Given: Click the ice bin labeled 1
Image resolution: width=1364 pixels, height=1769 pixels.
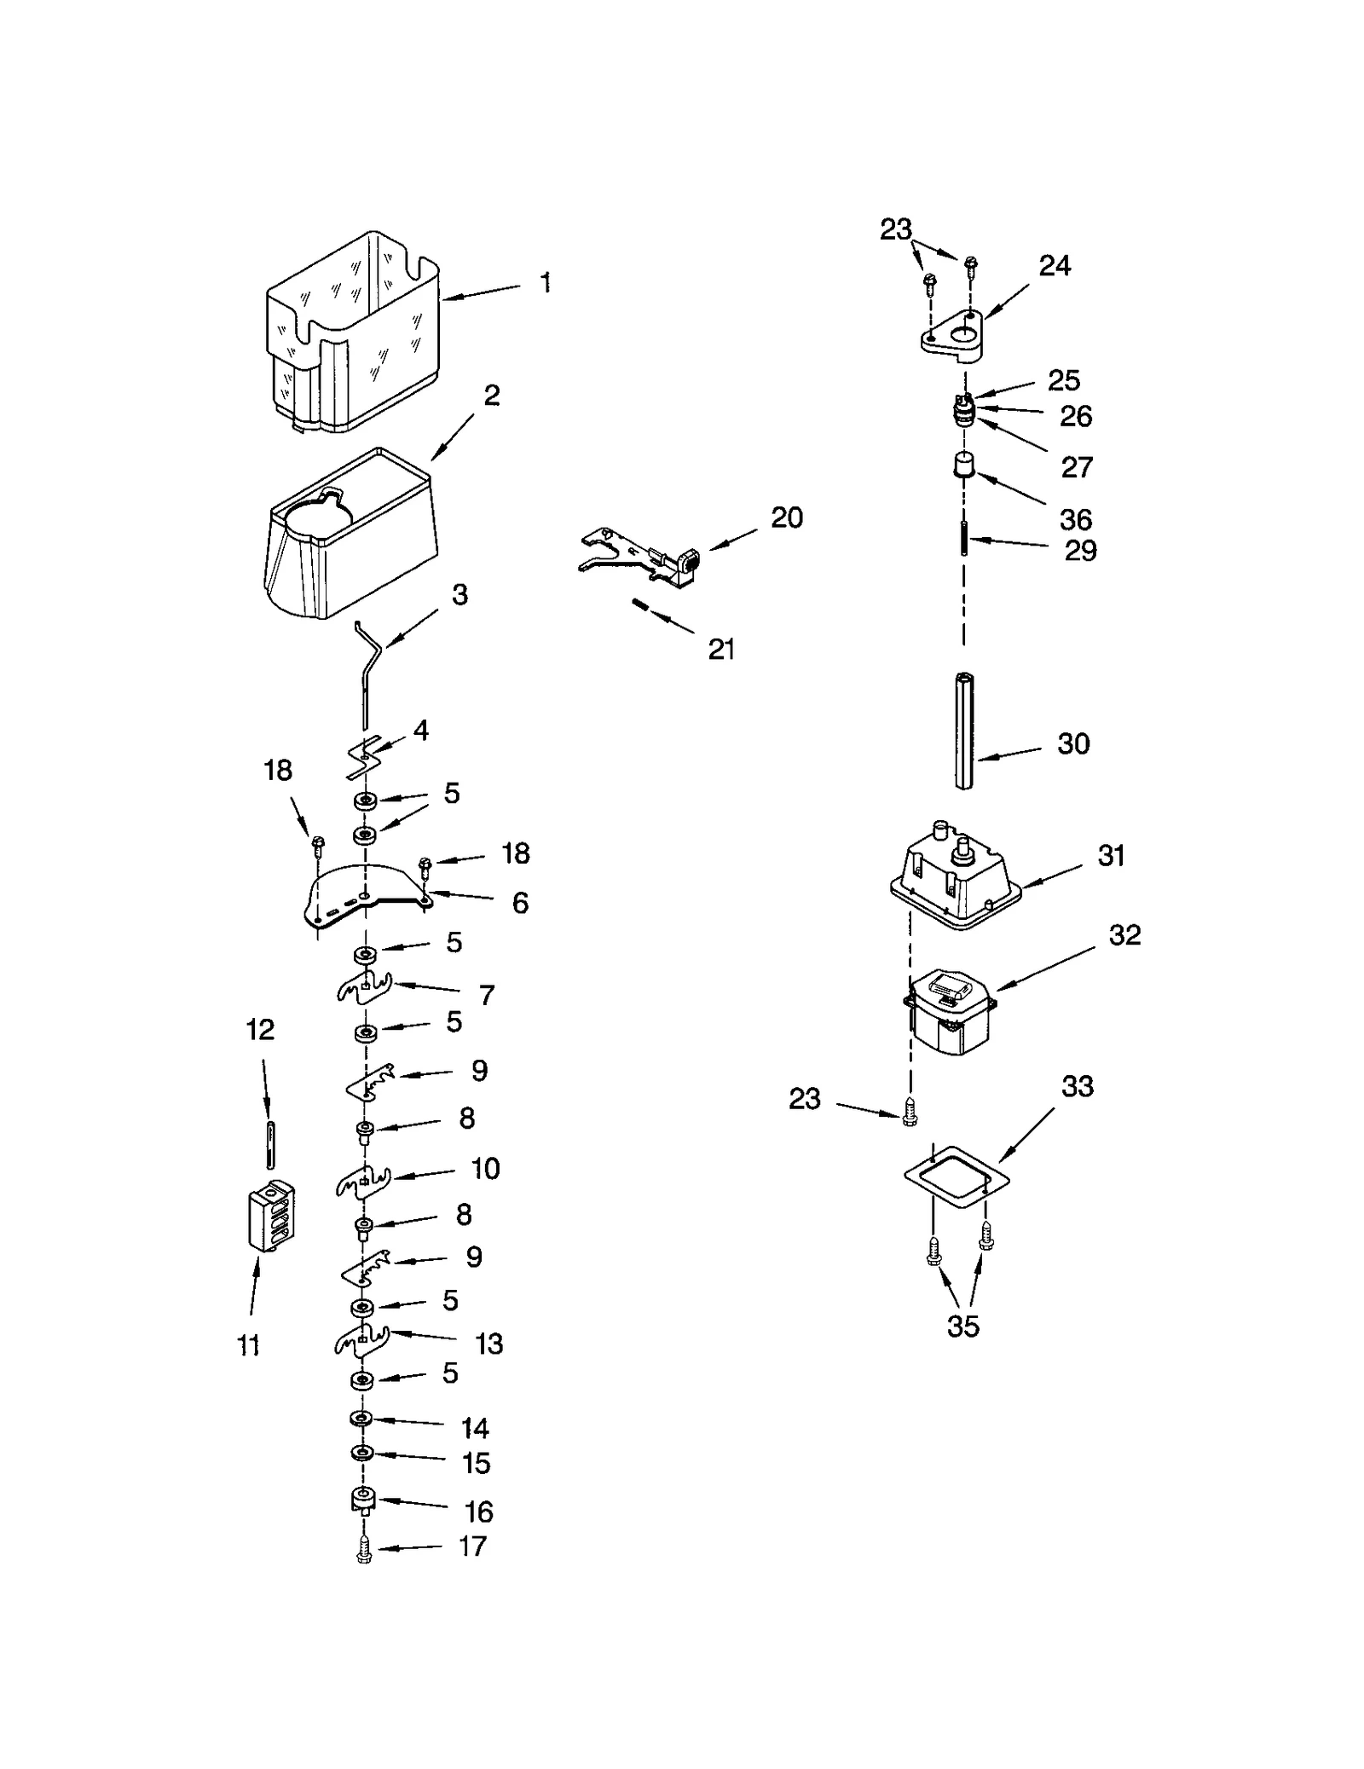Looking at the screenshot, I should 354,332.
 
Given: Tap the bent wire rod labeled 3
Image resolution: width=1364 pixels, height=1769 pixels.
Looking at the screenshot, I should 367,673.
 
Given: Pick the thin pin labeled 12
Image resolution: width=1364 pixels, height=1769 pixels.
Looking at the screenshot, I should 270,1144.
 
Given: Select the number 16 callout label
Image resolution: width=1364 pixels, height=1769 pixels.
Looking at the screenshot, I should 479,1512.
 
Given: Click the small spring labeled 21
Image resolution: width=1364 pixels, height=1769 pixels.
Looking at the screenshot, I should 641,605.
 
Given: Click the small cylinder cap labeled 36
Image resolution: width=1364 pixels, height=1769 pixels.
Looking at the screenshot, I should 963,466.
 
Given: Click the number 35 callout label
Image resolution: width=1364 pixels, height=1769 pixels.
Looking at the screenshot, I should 963,1327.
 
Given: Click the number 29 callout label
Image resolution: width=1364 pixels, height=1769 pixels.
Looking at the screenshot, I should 1080,551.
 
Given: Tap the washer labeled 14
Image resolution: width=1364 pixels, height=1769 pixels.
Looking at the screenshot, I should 361,1418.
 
